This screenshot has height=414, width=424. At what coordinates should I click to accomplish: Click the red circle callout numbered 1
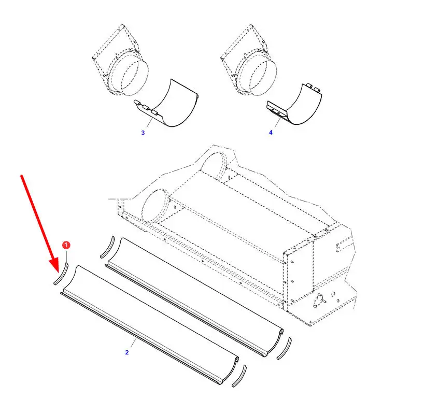66,245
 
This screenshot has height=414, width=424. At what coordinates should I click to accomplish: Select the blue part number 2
127,352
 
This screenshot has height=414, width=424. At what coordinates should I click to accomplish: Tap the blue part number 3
143,133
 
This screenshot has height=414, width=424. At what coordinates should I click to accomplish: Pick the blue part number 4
271,133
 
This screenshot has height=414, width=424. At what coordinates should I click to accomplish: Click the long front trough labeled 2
149,325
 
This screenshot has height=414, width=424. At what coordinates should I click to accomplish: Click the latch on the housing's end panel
319,301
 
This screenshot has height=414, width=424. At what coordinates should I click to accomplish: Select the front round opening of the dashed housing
156,206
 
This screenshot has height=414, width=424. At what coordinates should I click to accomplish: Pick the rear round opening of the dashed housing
214,165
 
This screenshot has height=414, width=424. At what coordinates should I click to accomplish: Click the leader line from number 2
133,342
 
